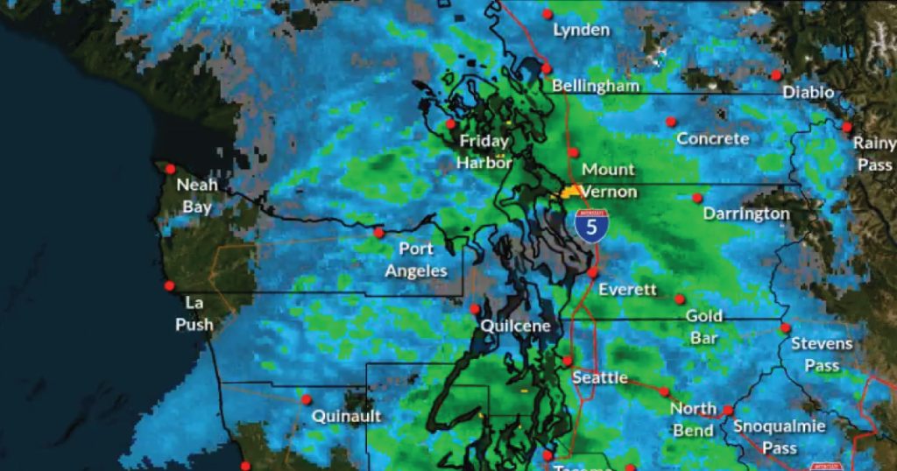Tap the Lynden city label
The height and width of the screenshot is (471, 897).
pyautogui.click(x=582, y=30)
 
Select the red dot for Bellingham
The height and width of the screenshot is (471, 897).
pyautogui.click(x=546, y=68)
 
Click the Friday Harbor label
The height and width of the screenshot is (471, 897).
pyautogui.click(x=484, y=151)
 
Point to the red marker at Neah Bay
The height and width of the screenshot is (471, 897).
pyautogui.click(x=170, y=169)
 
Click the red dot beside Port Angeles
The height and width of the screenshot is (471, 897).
pyautogui.click(x=378, y=232)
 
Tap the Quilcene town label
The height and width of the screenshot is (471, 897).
pyautogui.click(x=516, y=326)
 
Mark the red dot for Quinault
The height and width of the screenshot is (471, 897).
pyautogui.click(x=307, y=399)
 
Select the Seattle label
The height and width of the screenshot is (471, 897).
pyautogui.click(x=600, y=377)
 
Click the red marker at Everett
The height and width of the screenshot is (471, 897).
pyautogui.click(x=593, y=272)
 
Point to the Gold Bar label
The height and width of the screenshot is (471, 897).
pyautogui.click(x=703, y=327)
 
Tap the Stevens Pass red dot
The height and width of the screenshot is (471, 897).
pyautogui.click(x=785, y=328)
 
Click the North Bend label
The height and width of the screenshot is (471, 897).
pyautogui.click(x=693, y=418)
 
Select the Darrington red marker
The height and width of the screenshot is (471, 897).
pyautogui.click(x=697, y=198)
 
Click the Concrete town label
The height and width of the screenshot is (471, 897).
pyautogui.click(x=713, y=138)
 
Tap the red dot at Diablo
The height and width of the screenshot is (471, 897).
pyautogui.click(x=777, y=74)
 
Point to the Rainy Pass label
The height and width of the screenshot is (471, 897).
pyautogui.click(x=874, y=153)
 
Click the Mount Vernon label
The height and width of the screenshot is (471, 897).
pyautogui.click(x=608, y=179)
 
